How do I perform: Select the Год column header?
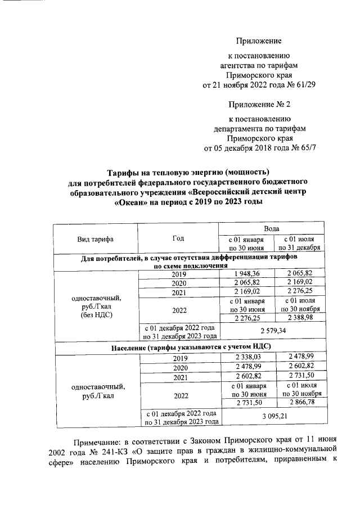tap(178, 238)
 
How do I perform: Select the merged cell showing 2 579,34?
tap(272, 331)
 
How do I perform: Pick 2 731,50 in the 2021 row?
tap(299, 376)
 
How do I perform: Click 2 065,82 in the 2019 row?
tap(299, 274)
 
